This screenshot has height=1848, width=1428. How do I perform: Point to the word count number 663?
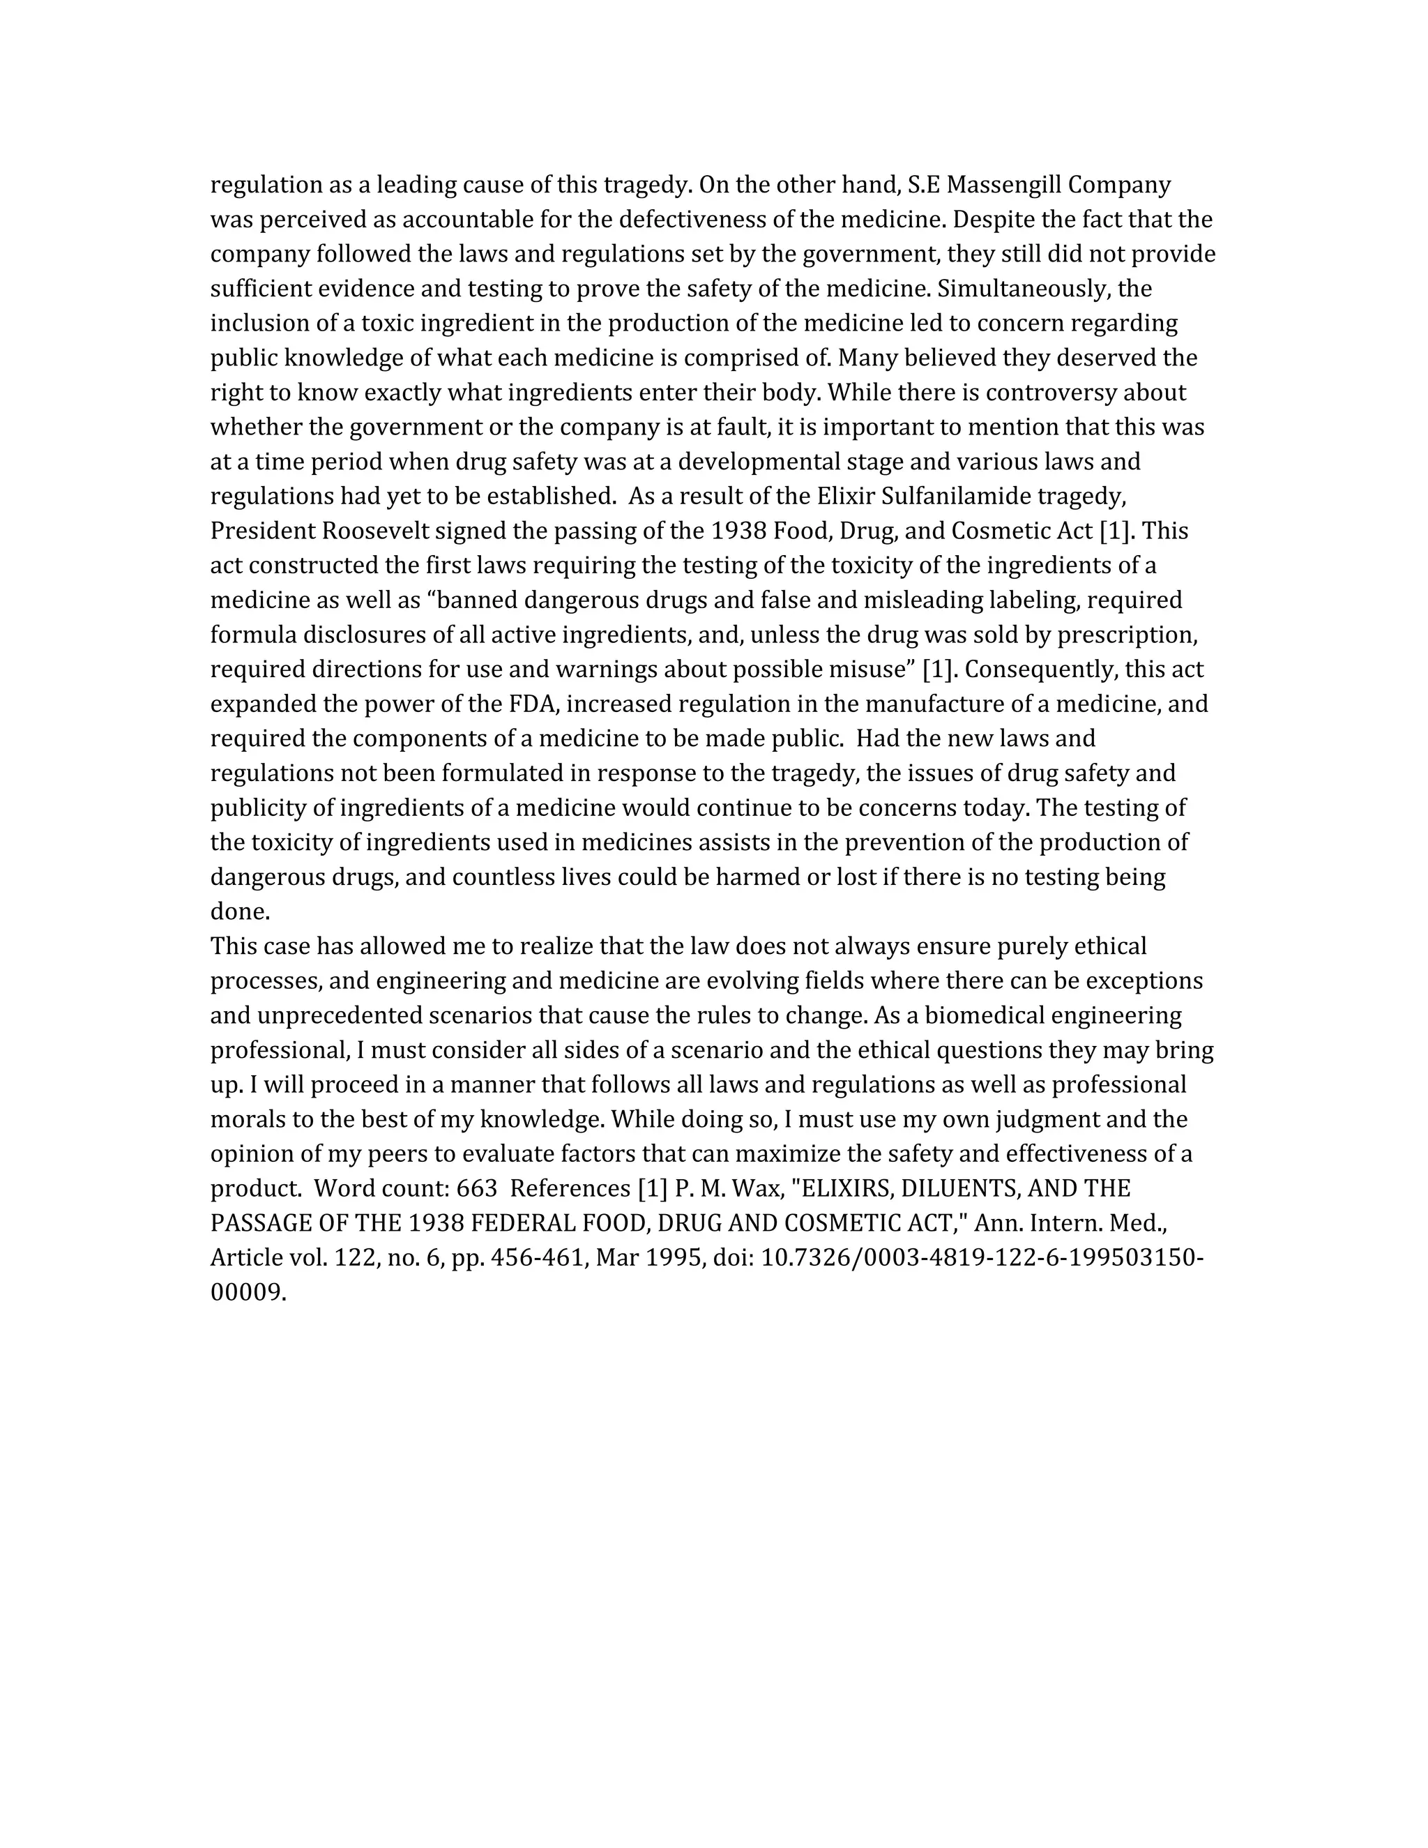coord(477,1189)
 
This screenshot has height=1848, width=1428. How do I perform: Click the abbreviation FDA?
coord(531,704)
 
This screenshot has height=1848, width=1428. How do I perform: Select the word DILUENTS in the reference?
coord(959,1189)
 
